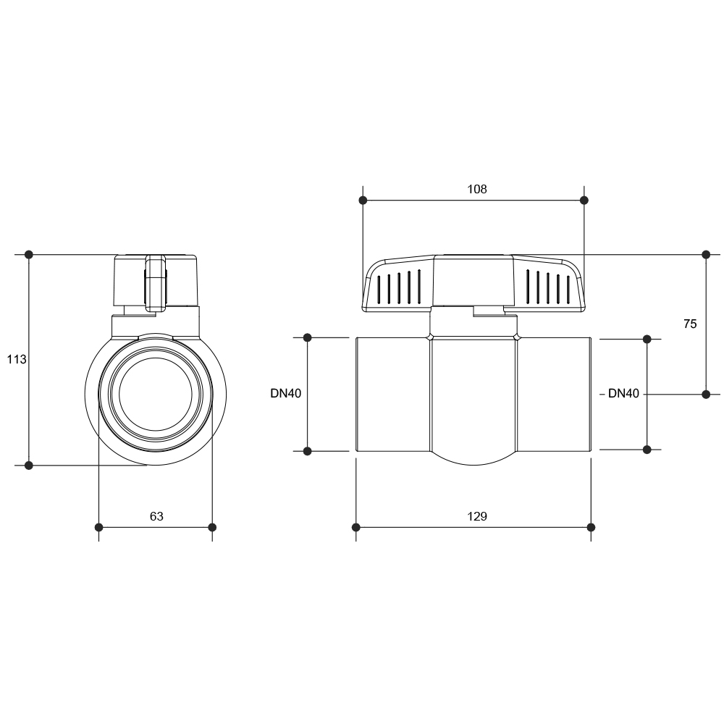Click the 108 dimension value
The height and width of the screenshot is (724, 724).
click(x=477, y=189)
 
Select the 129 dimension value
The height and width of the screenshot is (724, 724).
click(x=477, y=516)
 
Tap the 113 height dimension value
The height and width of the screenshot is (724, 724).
click(x=17, y=359)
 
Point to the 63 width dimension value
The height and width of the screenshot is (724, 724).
click(x=156, y=516)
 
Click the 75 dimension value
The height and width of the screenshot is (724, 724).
click(x=690, y=324)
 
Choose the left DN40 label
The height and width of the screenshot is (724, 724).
click(x=286, y=393)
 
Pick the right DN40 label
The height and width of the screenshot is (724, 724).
click(x=623, y=393)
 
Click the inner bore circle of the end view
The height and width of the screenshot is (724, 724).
click(x=156, y=358)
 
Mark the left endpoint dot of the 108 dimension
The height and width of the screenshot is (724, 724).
click(x=363, y=201)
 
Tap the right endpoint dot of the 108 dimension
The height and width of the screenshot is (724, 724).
click(x=584, y=201)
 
